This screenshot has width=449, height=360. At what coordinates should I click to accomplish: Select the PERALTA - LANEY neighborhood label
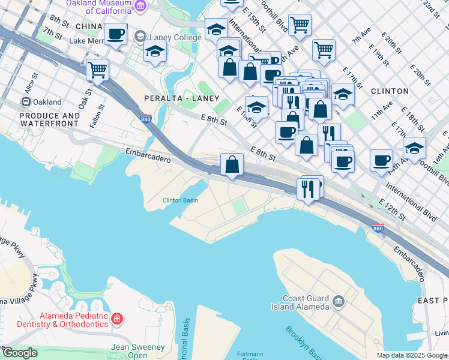point(181,98)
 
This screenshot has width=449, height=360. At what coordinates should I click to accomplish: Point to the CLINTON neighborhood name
point(390,91)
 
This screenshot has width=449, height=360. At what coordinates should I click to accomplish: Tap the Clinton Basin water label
point(181,200)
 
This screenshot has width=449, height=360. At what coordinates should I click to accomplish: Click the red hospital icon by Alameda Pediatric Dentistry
point(118,318)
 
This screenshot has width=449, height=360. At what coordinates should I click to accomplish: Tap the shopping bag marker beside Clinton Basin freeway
point(232,164)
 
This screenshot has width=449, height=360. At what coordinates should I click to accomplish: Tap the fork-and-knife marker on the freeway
point(308,189)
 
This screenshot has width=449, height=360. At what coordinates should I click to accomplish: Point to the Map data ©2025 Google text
point(412,355)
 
